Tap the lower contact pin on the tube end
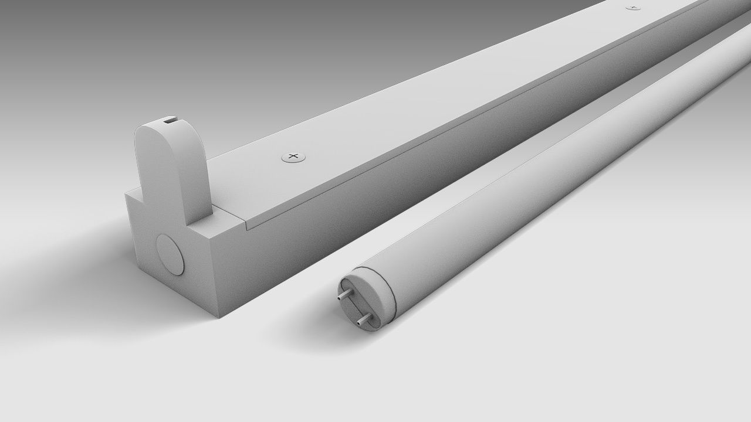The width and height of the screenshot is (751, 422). (364, 320)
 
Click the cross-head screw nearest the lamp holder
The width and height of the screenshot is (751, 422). (294, 156)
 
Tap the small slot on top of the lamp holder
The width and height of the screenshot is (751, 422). (169, 121)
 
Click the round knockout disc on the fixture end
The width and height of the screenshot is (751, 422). (170, 256)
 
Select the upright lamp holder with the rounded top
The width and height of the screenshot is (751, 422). (170, 170)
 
